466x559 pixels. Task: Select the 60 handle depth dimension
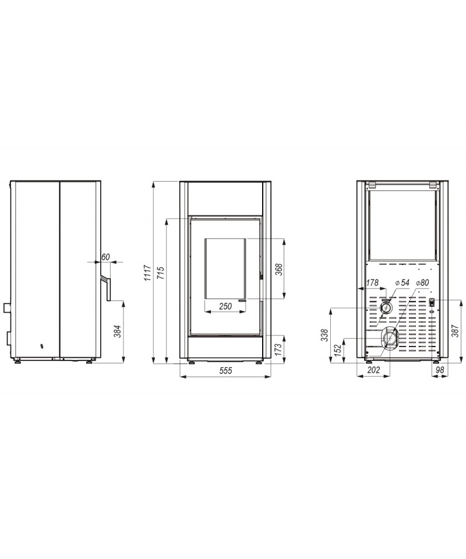click(x=105, y=257)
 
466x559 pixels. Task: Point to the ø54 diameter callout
click(x=403, y=282)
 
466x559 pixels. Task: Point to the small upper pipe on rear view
click(x=386, y=307)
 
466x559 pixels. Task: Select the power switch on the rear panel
click(x=432, y=302)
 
